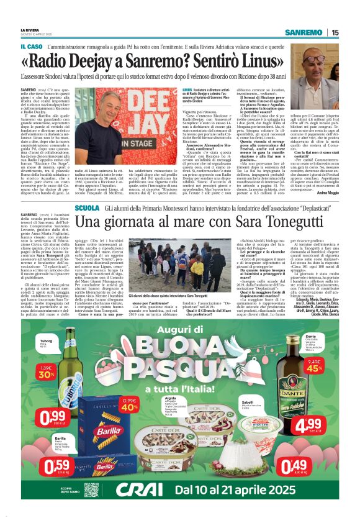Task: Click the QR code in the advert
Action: [x=91, y=489]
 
